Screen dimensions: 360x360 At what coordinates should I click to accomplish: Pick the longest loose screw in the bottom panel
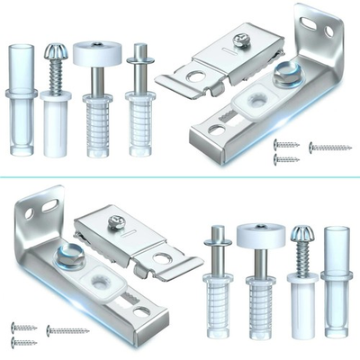pos(67,330)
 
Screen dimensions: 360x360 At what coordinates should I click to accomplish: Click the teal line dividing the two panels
pos(180,177)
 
